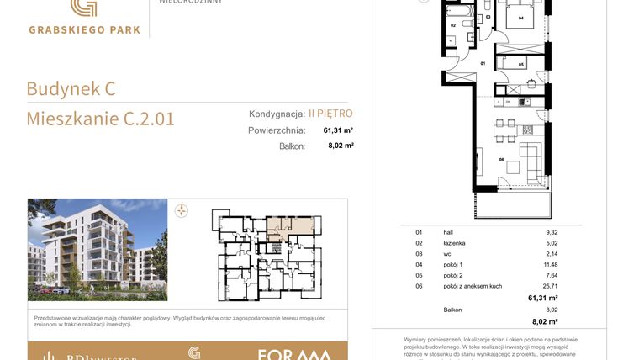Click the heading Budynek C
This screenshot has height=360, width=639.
pos(71,88)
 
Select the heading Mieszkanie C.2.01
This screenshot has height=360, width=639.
pos(100,119)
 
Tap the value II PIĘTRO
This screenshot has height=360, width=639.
pos(330,113)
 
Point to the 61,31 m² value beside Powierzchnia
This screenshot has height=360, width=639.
pos(338,130)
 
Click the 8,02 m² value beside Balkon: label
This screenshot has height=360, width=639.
pos(340,146)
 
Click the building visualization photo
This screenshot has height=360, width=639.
pos(98,250)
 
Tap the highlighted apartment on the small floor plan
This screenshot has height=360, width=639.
pos(290,226)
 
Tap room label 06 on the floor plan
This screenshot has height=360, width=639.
pos(502,159)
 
